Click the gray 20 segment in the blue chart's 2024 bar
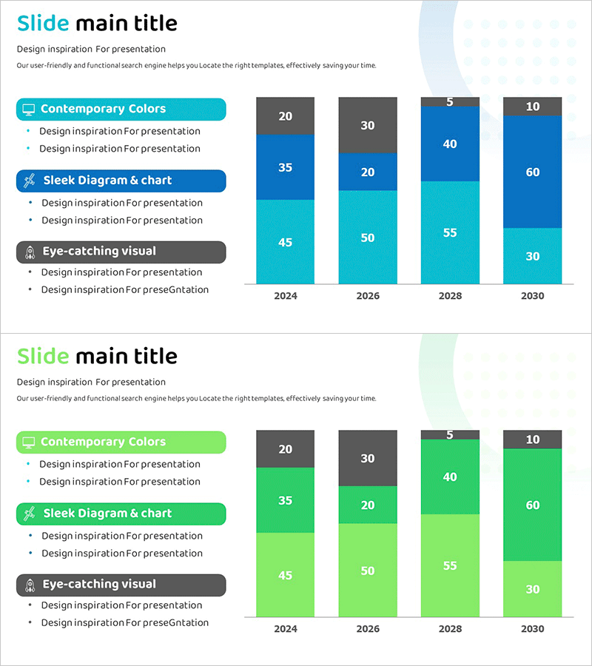285,116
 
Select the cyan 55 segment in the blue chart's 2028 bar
450,232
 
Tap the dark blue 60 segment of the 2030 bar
532,172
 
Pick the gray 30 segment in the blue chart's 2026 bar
368,125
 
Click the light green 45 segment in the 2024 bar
285,575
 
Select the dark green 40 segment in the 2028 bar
450,477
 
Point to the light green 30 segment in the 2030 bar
532,589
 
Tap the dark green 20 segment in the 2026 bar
368,505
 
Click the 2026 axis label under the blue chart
368,296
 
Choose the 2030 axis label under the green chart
532,629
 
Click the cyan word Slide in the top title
43,24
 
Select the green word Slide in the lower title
43,357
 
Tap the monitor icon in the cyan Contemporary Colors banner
29,110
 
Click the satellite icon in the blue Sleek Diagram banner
29,181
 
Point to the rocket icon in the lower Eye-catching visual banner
29,585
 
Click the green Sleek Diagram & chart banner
121,514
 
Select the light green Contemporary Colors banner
121,443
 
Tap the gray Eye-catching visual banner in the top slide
121,252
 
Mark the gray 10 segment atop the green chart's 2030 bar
532,440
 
